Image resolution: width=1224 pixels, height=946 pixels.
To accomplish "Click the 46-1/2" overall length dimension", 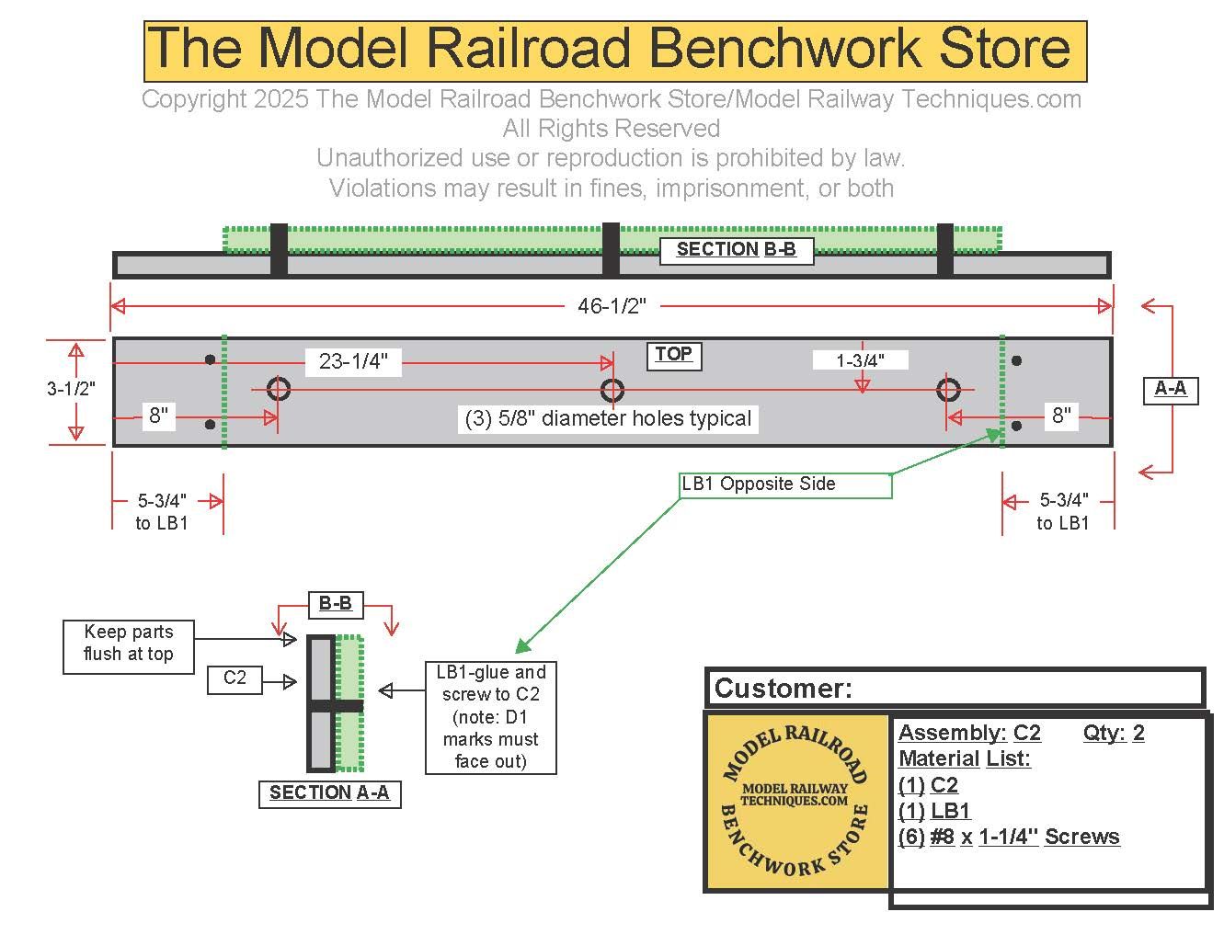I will pyautogui.click(x=612, y=306).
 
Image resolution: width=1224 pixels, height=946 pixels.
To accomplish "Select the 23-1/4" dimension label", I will pyautogui.click(x=354, y=361).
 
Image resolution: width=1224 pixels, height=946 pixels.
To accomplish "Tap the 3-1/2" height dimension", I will pyautogui.click(x=71, y=389).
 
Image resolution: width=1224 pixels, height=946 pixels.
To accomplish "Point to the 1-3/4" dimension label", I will pyautogui.click(x=860, y=360).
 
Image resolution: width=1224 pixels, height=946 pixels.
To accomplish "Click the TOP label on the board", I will pyautogui.click(x=673, y=355).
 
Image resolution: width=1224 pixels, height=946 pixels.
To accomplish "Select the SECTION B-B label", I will pyautogui.click(x=736, y=249).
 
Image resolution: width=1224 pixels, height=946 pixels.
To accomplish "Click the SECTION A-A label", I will pyautogui.click(x=328, y=792).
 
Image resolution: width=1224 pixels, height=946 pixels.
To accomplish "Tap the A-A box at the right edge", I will pyautogui.click(x=1170, y=389).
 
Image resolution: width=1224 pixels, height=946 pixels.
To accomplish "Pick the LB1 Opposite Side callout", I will pyautogui.click(x=759, y=484).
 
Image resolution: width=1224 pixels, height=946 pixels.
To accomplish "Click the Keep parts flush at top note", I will pyautogui.click(x=128, y=643).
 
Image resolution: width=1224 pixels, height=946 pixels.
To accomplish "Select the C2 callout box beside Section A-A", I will pyautogui.click(x=235, y=678).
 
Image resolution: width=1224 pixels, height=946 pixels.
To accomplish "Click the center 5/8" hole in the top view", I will pyautogui.click(x=612, y=390).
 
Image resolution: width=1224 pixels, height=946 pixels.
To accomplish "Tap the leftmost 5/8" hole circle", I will pyautogui.click(x=279, y=389).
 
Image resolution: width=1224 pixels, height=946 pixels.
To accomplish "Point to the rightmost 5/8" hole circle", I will pyautogui.click(x=948, y=390).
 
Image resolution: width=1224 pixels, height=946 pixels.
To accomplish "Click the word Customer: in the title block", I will pyautogui.click(x=784, y=689).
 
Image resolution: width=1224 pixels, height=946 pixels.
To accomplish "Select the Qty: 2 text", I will pyautogui.click(x=1114, y=733).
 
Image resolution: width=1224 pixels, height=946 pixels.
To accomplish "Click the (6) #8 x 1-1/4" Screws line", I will pyautogui.click(x=1009, y=837).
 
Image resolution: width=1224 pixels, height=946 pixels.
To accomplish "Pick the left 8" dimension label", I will pyautogui.click(x=159, y=416).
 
